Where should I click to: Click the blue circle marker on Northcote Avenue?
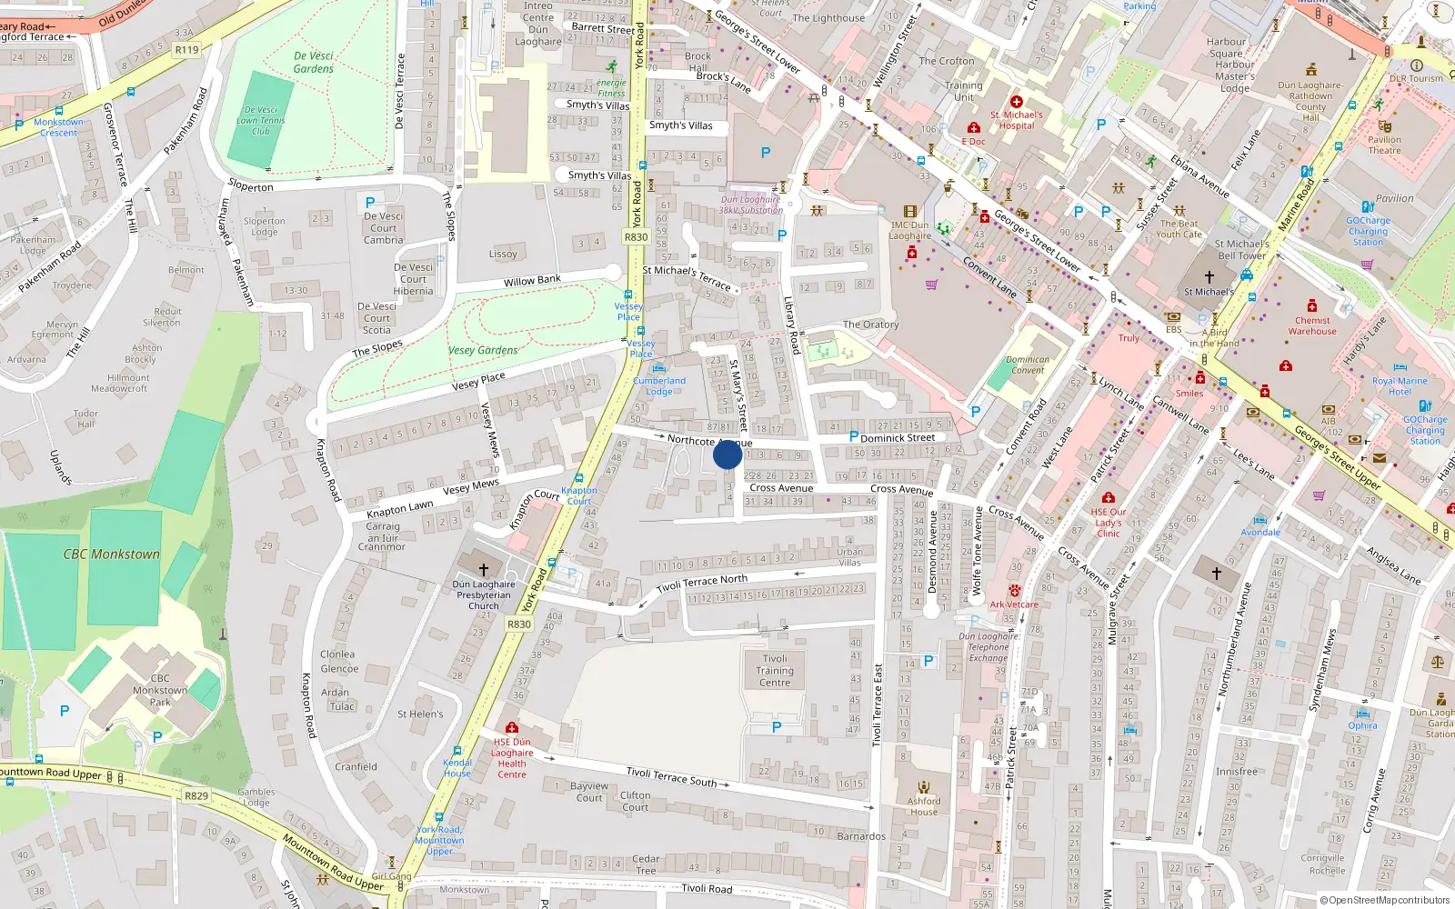727,454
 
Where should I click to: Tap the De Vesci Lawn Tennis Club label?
261,120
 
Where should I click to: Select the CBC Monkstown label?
111,554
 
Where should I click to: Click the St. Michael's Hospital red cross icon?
1017,103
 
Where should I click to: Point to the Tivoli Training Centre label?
775,671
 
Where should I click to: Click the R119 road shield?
186,50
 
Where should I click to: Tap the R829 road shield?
196,795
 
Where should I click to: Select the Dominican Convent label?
1028,365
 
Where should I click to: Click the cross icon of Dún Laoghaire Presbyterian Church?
484,570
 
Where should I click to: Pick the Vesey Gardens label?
483,350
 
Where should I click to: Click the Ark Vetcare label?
1014,604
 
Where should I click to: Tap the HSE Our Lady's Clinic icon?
1108,498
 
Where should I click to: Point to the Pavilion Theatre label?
1384,145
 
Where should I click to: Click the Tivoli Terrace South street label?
671,775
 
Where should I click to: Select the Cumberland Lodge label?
659,386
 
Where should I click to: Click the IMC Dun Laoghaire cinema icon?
910,212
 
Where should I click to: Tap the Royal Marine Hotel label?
1400,386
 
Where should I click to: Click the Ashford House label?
924,806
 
